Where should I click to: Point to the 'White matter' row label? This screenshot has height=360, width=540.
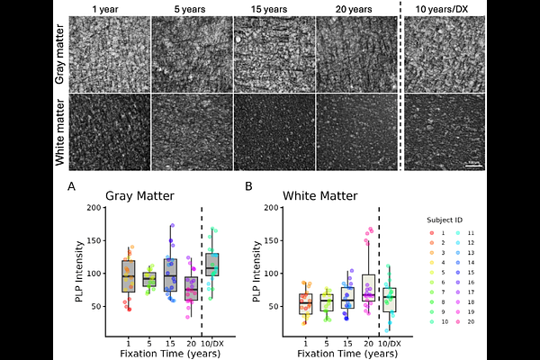point(59,131)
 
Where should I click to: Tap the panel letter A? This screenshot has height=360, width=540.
point(71,186)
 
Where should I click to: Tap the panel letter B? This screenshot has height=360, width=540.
point(248,186)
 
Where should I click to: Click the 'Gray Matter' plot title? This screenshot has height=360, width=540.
point(139,195)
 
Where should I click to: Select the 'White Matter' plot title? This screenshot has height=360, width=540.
point(319,195)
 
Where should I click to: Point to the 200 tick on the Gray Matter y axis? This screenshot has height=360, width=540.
point(94,208)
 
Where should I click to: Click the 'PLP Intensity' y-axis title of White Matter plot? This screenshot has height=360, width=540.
point(260,271)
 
